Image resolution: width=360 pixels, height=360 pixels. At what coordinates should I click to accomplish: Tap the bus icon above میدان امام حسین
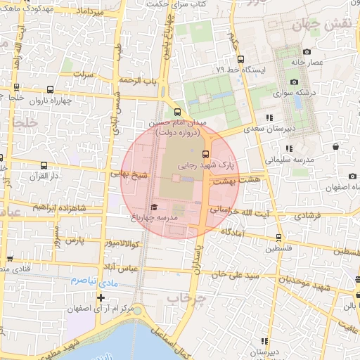point(176,111)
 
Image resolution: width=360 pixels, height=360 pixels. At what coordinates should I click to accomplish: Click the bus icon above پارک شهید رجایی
point(206,154)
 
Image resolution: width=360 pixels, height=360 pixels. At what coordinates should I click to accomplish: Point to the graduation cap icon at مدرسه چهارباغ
point(154,207)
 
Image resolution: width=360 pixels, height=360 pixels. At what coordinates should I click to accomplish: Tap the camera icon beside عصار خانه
point(307,52)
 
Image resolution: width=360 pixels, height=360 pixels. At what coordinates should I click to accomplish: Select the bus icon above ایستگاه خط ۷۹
point(239,58)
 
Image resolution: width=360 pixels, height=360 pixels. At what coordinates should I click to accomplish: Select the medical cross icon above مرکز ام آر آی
point(101,297)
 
